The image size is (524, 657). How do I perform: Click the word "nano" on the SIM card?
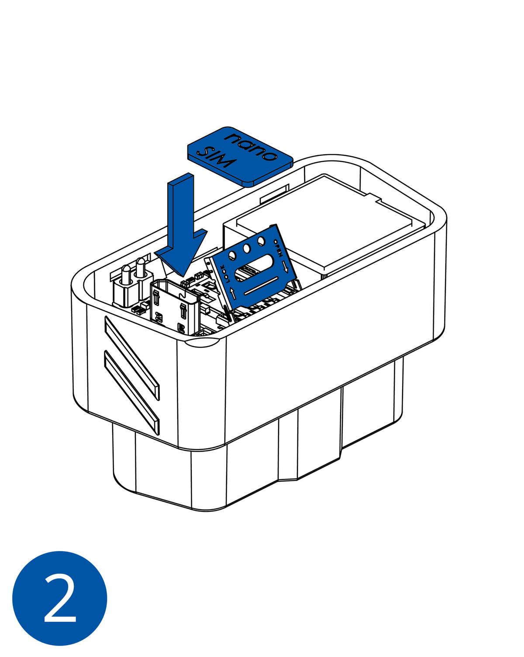[x=250, y=146]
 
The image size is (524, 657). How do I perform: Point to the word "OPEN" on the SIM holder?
[x=278, y=248]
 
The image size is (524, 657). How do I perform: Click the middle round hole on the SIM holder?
[x=247, y=249]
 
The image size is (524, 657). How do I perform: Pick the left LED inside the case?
[x=126, y=275]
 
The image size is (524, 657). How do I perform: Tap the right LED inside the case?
[x=141, y=267]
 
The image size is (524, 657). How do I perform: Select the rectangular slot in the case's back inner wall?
[x=274, y=194]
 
